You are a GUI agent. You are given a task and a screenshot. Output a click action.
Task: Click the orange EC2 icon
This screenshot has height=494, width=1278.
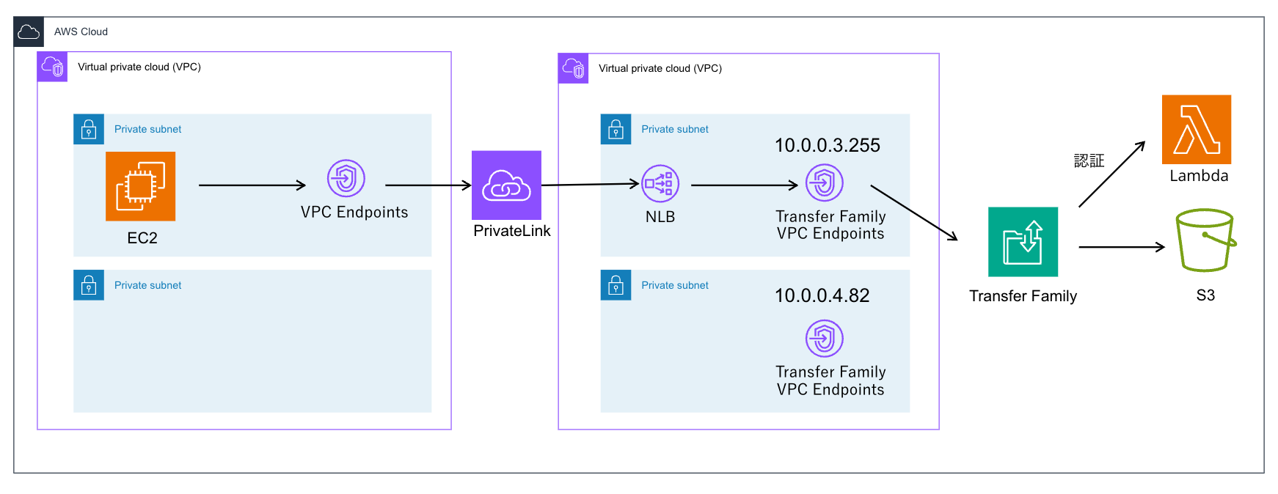pos(140,186)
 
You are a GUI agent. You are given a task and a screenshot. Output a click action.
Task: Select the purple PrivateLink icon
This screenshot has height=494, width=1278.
pos(506,185)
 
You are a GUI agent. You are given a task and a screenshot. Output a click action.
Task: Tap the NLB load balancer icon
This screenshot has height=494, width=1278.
pos(660,183)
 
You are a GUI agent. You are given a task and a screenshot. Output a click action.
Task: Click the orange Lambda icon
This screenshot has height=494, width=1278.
pos(1196,130)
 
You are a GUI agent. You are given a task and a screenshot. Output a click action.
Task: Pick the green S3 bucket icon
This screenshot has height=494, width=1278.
pos(1205,240)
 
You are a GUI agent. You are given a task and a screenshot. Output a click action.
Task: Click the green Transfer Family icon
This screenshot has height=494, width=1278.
pos(1023,242)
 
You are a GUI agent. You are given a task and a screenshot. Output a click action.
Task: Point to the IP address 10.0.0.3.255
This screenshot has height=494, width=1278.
pos(827,145)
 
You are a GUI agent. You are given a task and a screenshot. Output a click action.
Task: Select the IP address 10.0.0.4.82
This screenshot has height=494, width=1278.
pos(822,295)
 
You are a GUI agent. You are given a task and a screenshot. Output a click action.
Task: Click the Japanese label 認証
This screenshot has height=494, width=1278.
pos(1089,161)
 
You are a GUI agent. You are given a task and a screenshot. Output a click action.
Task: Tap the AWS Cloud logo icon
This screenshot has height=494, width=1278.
pos(29,32)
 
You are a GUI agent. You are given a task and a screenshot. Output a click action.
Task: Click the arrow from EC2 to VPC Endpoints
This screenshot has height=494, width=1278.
pos(252,185)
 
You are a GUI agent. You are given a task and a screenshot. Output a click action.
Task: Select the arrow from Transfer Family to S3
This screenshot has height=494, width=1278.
pos(1121,247)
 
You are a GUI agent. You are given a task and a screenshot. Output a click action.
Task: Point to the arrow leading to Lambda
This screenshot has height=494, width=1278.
pos(1111,174)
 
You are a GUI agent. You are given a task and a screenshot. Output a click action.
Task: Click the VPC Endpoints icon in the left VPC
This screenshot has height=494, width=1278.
pos(346,178)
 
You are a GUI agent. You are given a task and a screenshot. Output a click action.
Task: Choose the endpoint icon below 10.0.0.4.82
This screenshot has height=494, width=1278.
pos(824,338)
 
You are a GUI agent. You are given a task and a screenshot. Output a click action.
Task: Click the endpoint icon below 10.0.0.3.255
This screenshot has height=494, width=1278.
pos(824,183)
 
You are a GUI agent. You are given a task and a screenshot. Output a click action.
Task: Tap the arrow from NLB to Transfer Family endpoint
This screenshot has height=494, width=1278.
pos(743,185)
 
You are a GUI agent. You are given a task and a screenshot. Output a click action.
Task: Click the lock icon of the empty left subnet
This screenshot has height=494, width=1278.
pos(89,285)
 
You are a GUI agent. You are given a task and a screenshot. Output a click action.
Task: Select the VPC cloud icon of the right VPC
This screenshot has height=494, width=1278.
pos(573,68)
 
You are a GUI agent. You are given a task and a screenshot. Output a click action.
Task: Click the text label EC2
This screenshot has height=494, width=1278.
pos(142,238)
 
